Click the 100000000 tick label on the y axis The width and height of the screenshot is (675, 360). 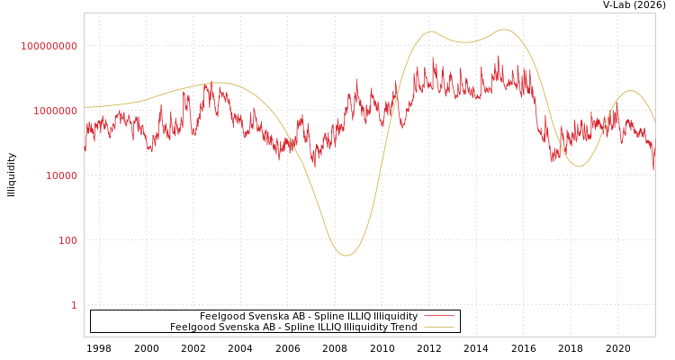pyautogui.click(x=49, y=46)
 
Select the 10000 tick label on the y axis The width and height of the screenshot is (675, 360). pyautogui.click(x=62, y=175)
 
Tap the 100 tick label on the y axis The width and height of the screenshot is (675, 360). pyautogui.click(x=68, y=240)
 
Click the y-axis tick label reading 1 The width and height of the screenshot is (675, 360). pyautogui.click(x=74, y=305)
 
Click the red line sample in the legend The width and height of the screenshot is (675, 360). pyautogui.click(x=438, y=316)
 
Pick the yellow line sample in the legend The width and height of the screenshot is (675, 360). pyautogui.click(x=438, y=327)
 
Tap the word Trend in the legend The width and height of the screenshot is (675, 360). pyautogui.click(x=402, y=327)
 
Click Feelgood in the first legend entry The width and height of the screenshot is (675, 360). pyautogui.click(x=220, y=316)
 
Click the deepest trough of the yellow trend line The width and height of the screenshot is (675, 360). pyautogui.click(x=346, y=255)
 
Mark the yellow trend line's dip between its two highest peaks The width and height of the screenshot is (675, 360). pyautogui.click(x=465, y=42)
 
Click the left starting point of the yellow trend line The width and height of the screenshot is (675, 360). pyautogui.click(x=85, y=107)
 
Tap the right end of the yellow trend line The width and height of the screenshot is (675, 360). pyautogui.click(x=654, y=121)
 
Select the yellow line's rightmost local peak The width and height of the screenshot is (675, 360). pyautogui.click(x=630, y=91)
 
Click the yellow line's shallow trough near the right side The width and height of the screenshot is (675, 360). pyautogui.click(x=578, y=166)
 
